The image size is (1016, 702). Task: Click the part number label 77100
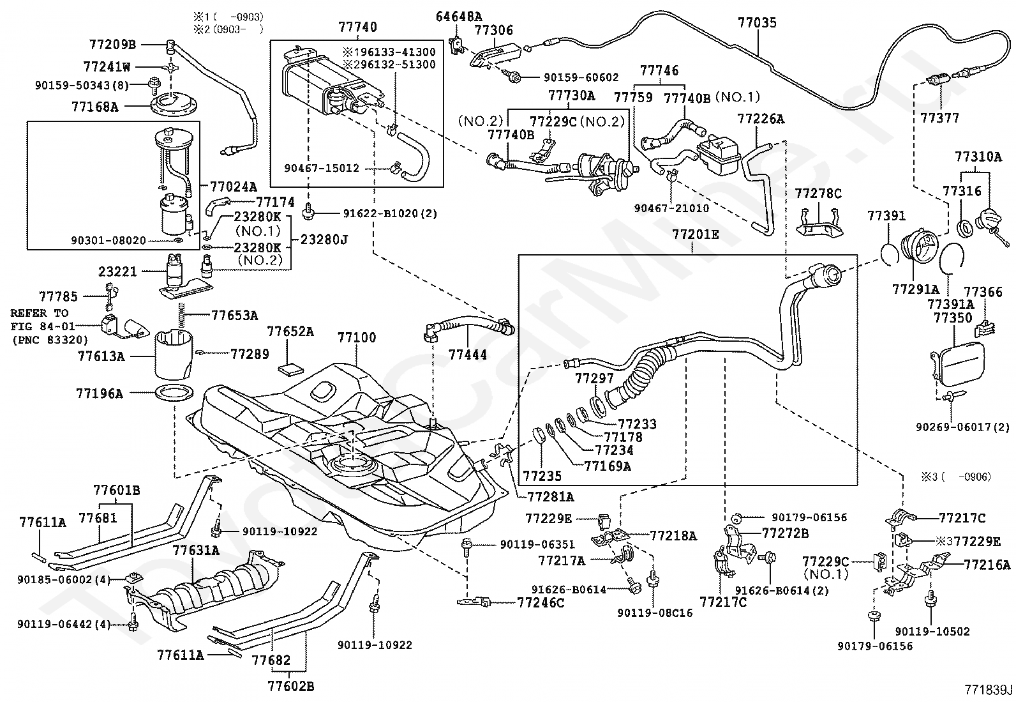(357, 337)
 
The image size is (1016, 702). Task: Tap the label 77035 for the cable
(757, 23)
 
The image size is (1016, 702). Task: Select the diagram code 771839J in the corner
(989, 690)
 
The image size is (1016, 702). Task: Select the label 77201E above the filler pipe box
(695, 234)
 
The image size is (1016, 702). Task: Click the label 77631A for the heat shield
(195, 550)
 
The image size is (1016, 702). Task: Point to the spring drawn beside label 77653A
(181, 315)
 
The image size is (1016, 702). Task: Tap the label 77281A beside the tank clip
(551, 496)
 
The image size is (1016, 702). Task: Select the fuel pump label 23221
(117, 271)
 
